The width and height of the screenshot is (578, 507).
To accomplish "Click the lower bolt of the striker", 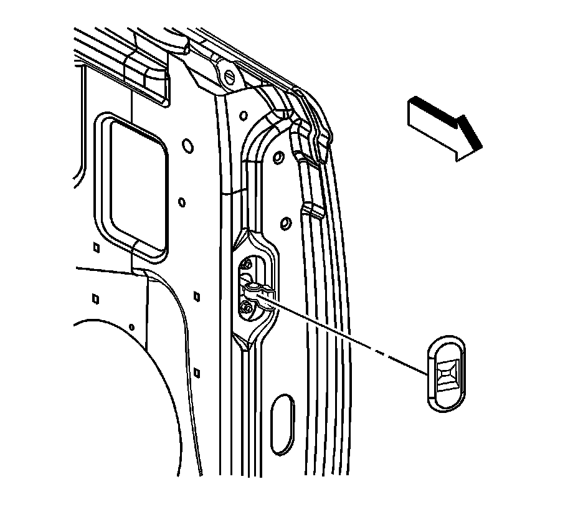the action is (x=247, y=307).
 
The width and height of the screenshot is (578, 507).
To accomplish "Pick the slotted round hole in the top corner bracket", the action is (x=229, y=77).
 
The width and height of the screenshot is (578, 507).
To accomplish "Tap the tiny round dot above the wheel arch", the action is (x=132, y=326).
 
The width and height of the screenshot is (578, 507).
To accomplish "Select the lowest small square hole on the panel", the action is (x=196, y=372).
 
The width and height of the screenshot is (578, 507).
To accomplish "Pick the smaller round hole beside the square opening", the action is (x=181, y=202).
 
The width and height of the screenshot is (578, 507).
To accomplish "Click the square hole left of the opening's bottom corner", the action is (x=95, y=247).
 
